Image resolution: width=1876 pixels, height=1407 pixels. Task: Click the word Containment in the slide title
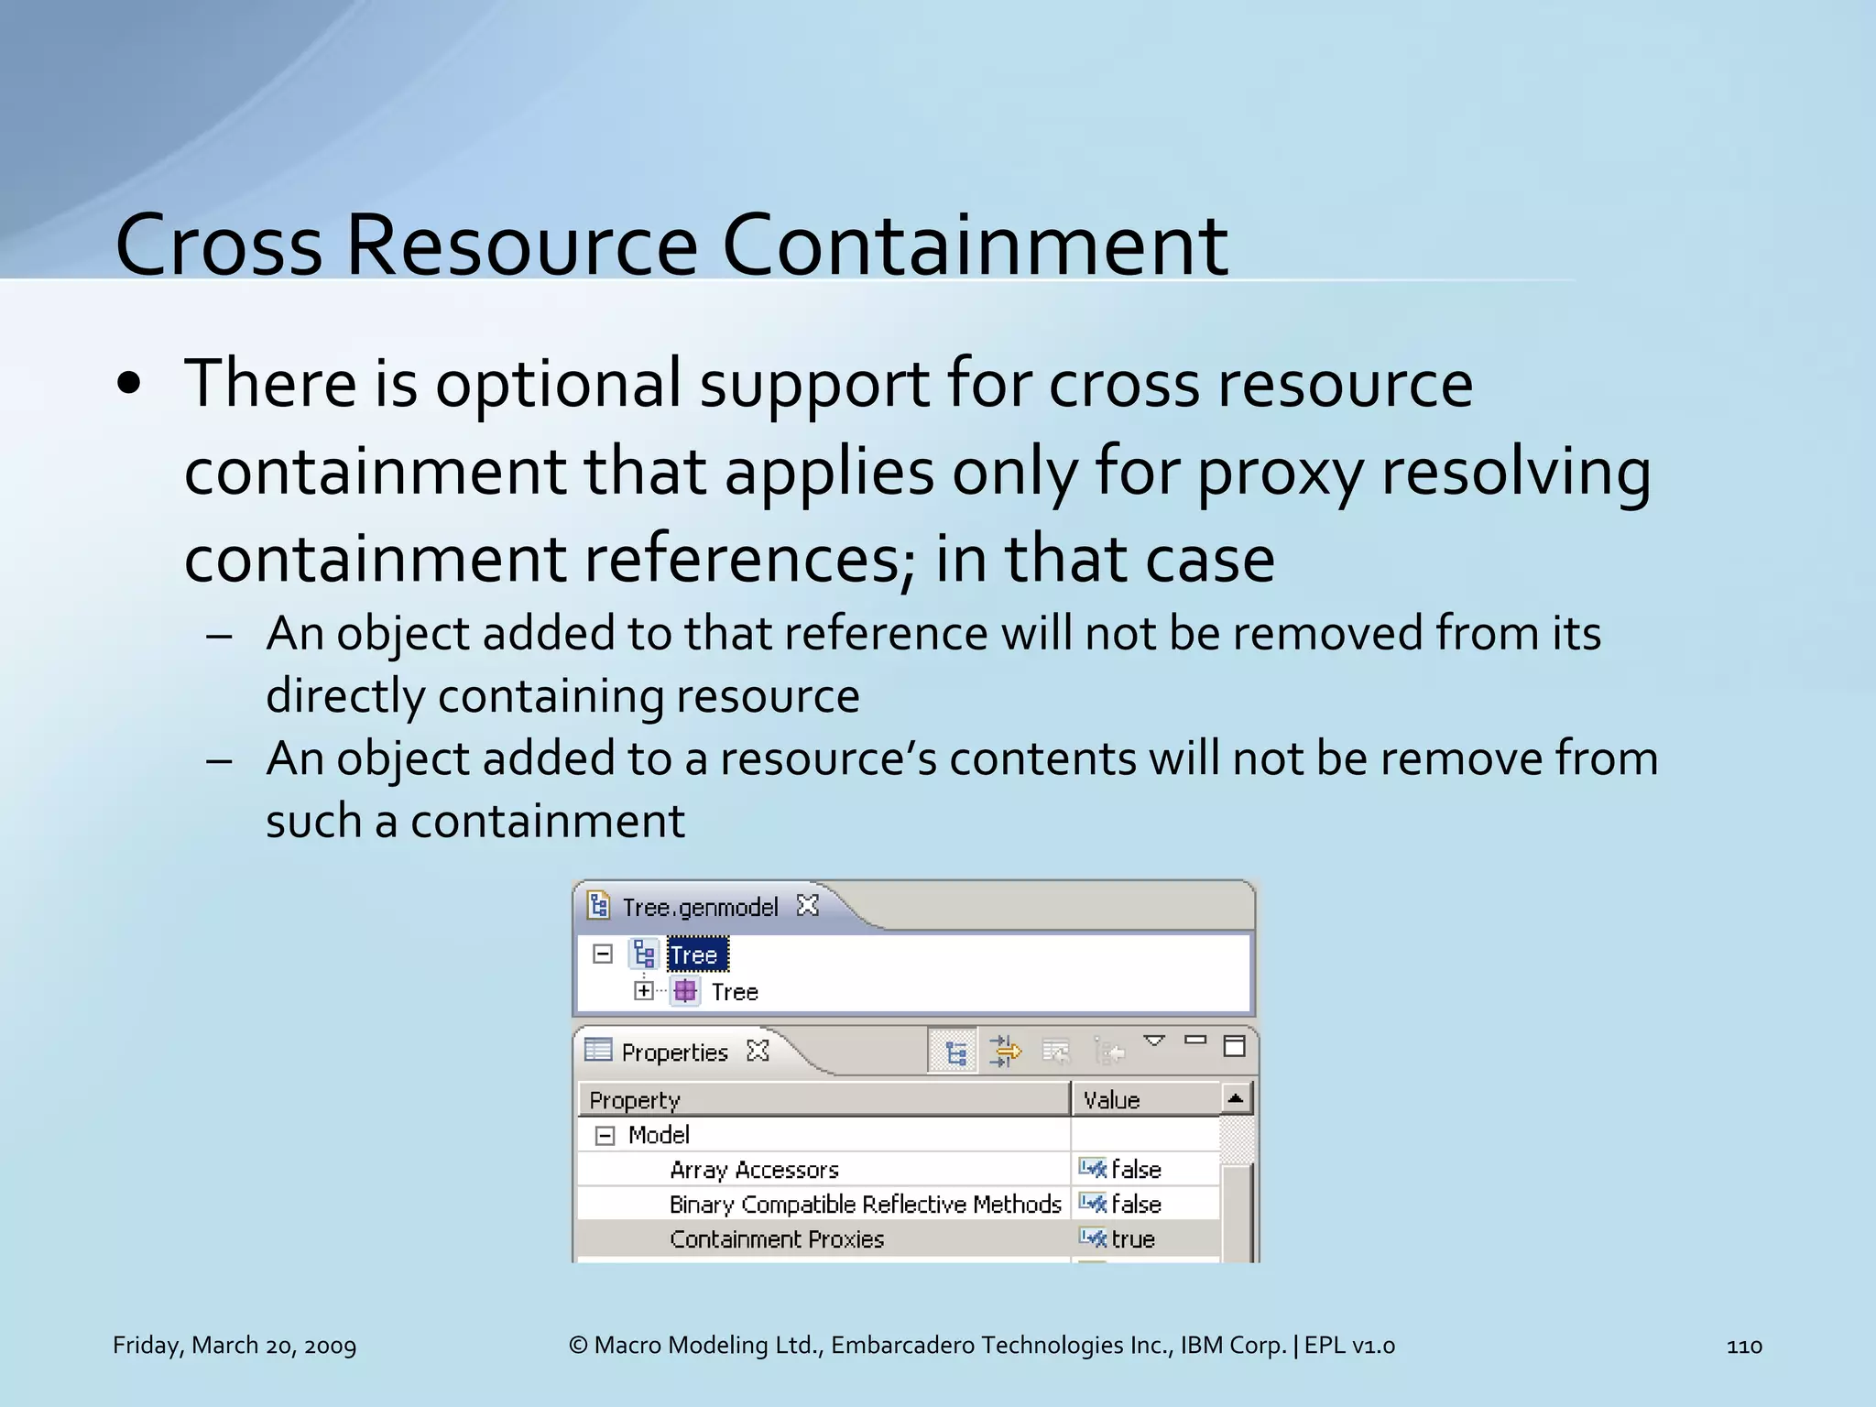975,245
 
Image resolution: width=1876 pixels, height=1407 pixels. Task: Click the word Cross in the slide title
218,245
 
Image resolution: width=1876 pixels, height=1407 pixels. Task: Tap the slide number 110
1743,1346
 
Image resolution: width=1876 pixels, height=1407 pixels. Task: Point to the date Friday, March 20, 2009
234,1345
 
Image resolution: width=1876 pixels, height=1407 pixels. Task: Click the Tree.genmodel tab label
700,907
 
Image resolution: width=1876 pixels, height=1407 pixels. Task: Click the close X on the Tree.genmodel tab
807,905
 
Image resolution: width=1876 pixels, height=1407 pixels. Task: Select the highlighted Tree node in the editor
695,955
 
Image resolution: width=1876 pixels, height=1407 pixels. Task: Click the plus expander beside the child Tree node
644,991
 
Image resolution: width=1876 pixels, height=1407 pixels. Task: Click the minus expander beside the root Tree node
603,954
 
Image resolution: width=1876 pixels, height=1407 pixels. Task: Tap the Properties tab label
674,1053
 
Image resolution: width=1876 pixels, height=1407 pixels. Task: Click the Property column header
635,1099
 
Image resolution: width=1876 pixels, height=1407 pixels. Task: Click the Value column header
1111,1099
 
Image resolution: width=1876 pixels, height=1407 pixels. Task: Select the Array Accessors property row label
754,1170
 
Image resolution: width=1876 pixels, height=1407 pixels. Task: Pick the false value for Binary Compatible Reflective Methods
1136,1204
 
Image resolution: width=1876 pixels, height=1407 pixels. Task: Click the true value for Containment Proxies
1133,1238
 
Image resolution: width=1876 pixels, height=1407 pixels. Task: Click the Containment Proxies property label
777,1238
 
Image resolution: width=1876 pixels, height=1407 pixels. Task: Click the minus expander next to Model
605,1136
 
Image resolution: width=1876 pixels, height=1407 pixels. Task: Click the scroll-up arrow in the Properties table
1236,1097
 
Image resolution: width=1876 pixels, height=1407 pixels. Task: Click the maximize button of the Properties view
1234,1046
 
